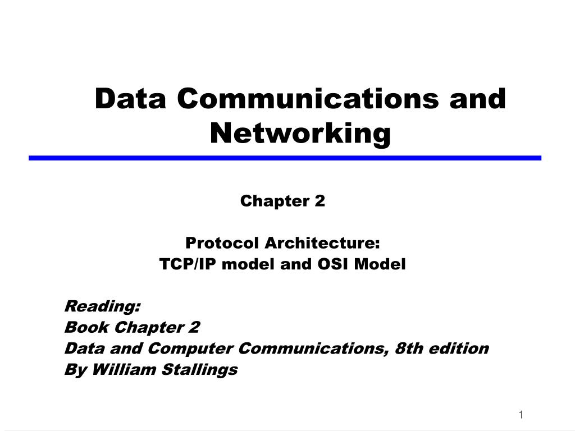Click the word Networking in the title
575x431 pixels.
(x=300, y=134)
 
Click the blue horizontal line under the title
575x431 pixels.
(x=285, y=158)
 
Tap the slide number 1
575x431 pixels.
(x=521, y=415)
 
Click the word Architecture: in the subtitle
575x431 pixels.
(x=322, y=244)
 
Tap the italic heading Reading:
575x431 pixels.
(x=103, y=306)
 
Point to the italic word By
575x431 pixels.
(x=74, y=370)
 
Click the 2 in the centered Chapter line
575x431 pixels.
(x=321, y=201)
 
